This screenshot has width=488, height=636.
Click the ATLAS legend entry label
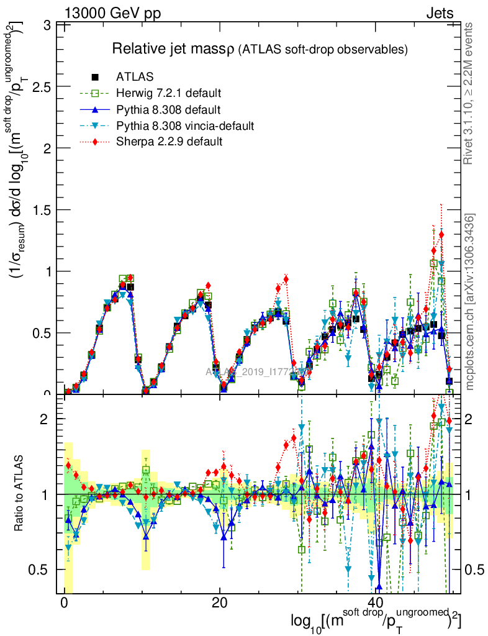coord(135,77)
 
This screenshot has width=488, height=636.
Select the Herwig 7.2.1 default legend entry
coord(168,94)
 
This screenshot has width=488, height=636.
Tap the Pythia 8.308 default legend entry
coord(168,110)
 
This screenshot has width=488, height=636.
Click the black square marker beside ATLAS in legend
coord(96,77)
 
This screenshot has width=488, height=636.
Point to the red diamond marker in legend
coord(96,142)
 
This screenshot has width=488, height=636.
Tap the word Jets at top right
coord(440,13)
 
